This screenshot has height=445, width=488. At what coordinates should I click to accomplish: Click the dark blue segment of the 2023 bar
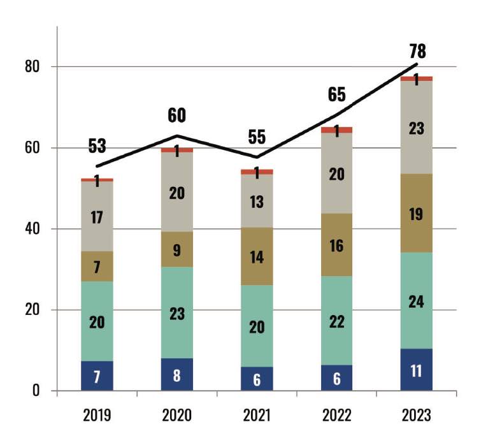tap(416, 370)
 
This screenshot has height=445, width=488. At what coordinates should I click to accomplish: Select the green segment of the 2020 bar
tap(176, 312)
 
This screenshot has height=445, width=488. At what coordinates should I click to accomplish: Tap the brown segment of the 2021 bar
tap(257, 256)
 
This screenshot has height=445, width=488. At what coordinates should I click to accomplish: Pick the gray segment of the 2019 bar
tap(97, 217)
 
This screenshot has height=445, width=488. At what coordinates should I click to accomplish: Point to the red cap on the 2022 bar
tap(336, 130)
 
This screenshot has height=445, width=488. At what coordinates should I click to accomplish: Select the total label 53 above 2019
tap(97, 147)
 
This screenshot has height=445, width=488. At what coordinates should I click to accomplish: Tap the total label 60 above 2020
tap(176, 115)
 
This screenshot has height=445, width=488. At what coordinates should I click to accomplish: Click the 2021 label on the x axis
tap(257, 416)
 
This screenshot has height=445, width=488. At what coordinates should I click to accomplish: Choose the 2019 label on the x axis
tap(97, 416)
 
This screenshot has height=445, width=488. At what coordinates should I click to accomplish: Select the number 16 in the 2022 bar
tap(336, 245)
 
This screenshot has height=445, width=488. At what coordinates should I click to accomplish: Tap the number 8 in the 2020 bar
tap(176, 375)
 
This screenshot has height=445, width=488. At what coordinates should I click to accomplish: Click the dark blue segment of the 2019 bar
tap(97, 376)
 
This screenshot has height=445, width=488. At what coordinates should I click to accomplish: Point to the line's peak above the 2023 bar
tap(417, 64)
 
